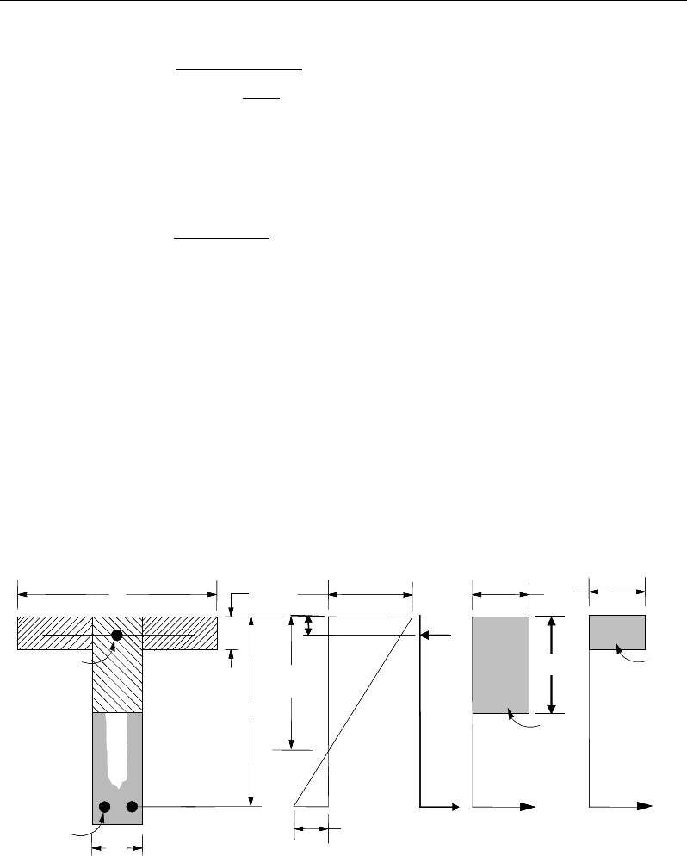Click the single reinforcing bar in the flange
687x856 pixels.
point(118,635)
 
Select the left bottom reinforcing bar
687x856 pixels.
point(105,807)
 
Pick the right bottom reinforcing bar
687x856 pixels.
point(133,807)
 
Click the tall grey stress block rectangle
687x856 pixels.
point(500,664)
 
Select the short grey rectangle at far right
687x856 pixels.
point(616,632)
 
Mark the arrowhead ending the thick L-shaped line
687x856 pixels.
point(453,807)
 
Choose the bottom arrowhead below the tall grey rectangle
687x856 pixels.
point(528,807)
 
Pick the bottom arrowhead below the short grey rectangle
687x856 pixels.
point(642,807)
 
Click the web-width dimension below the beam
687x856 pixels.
point(117,848)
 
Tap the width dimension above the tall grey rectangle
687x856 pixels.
point(501,593)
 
